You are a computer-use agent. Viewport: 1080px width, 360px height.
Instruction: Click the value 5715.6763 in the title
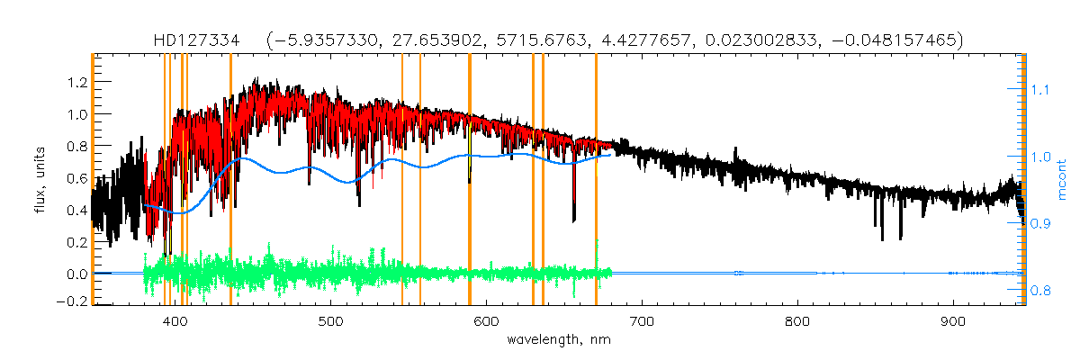coord(507,40)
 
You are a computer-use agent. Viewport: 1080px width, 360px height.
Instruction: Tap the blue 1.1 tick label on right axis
coord(1040,90)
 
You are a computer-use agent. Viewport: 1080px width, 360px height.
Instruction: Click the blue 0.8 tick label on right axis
coord(1040,291)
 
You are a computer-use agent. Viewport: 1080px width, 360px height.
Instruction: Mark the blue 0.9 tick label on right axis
coord(1040,224)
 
